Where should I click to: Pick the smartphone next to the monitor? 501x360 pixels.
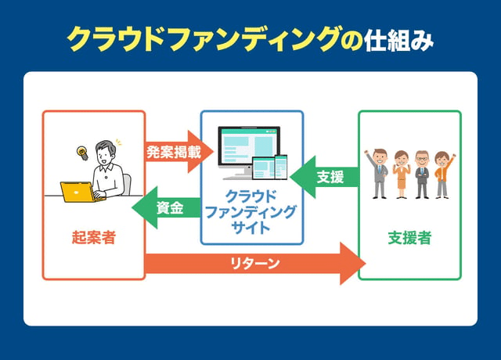tap(281, 168)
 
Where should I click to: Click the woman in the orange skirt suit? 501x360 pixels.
tap(401, 174)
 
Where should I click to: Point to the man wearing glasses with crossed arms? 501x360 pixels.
tap(422, 174)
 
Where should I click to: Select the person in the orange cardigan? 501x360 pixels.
tap(442, 174)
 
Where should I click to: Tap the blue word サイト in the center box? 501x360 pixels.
tap(250, 228)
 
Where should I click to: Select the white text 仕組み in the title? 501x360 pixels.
tap(398, 39)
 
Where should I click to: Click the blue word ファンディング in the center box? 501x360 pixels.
tap(250, 212)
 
